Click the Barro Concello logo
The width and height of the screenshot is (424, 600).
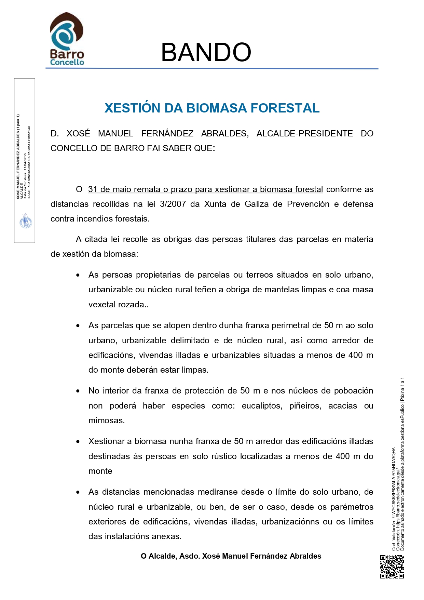click(x=67, y=39)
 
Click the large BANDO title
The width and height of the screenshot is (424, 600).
click(x=206, y=52)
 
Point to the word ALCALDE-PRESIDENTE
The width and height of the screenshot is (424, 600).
click(x=304, y=133)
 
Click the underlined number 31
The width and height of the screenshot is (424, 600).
click(x=93, y=189)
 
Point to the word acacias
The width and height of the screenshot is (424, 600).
click(x=342, y=406)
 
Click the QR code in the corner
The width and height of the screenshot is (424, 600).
click(x=392, y=567)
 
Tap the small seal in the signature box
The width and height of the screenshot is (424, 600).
click(x=25, y=221)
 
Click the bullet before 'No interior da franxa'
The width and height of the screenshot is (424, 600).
click(x=78, y=391)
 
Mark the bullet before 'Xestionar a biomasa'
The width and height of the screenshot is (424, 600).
click(x=78, y=442)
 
